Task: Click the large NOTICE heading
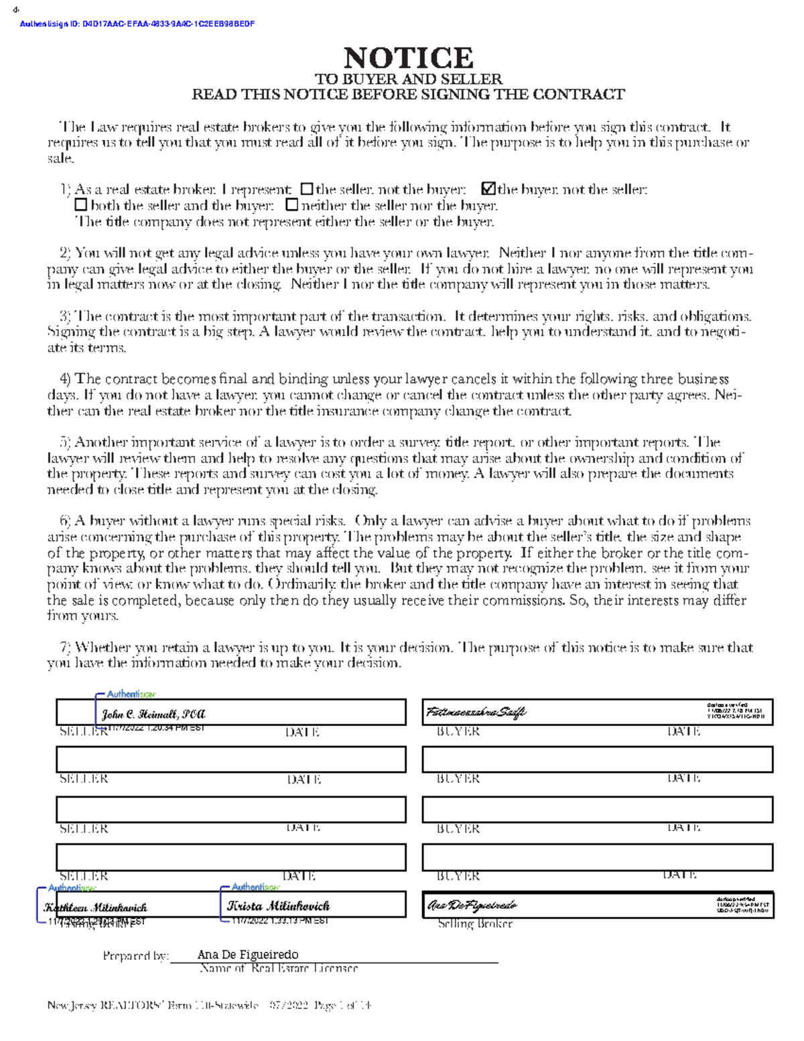point(408,58)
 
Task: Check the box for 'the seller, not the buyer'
point(307,190)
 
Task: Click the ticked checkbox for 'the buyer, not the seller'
point(488,190)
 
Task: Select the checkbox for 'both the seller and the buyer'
point(80,205)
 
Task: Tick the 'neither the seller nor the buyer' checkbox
point(291,205)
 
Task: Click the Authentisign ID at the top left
point(137,24)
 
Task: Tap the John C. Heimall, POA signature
point(153,715)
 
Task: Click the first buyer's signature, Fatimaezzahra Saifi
point(476,712)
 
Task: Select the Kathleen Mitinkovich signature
point(96,908)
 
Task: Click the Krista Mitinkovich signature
point(278,906)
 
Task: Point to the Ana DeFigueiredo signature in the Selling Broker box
point(472,906)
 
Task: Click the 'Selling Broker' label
point(475,924)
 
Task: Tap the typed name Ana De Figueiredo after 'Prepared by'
point(248,955)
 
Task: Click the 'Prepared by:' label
point(135,956)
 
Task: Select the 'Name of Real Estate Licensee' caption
point(279,969)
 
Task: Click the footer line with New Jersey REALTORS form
point(209,1005)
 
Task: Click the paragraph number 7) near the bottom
point(65,648)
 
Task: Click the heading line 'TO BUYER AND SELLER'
point(408,79)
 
